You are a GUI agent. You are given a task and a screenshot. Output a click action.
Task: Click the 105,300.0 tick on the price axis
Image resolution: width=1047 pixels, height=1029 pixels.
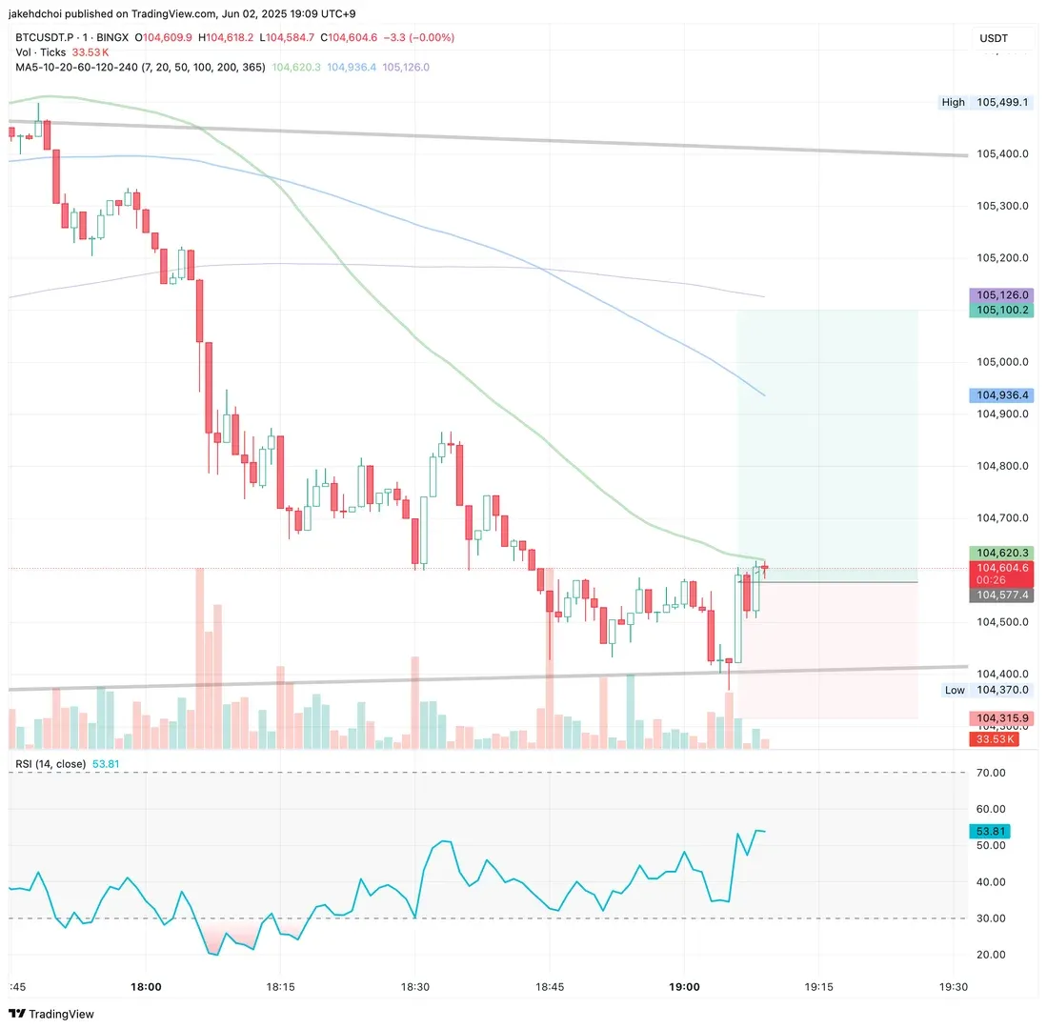(x=1002, y=206)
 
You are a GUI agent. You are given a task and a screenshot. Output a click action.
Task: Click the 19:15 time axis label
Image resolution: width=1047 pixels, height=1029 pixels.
(x=819, y=987)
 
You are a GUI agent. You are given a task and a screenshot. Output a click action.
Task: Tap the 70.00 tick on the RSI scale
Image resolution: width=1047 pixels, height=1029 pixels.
(x=993, y=773)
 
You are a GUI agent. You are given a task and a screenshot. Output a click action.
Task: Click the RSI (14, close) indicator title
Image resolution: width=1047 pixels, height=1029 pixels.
(x=50, y=764)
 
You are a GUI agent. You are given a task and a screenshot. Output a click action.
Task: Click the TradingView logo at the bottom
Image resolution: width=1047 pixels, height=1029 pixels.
(x=52, y=1014)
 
